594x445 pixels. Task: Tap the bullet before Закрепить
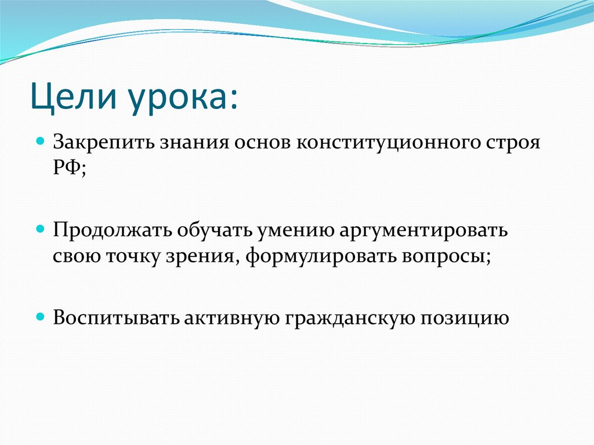tap(40, 141)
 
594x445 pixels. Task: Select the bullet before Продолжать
tap(40, 229)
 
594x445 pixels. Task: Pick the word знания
tap(189, 143)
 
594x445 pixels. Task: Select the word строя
tap(511, 143)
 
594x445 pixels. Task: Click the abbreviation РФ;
tap(70, 170)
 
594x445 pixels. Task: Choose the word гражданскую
tap(345, 319)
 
